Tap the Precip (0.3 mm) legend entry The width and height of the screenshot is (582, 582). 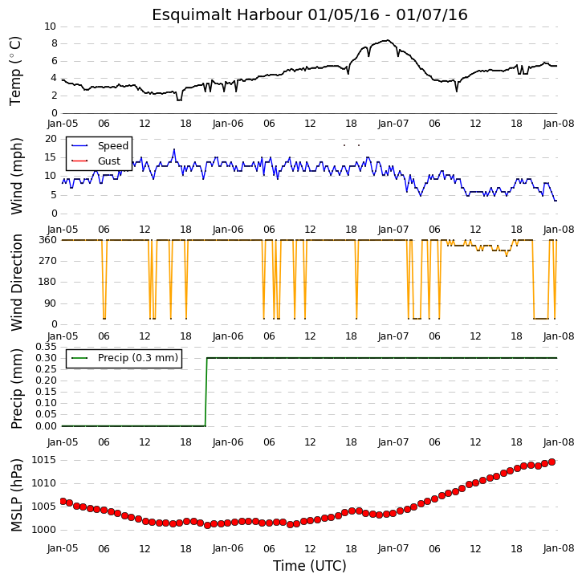tap(124, 358)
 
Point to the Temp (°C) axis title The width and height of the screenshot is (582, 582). tap(15, 71)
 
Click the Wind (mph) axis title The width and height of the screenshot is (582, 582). tap(16, 176)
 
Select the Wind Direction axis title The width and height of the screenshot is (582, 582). tap(16, 282)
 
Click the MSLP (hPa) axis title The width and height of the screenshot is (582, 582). tap(16, 495)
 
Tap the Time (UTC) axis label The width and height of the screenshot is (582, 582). tap(310, 566)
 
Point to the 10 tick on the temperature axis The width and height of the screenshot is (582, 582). tap(50, 26)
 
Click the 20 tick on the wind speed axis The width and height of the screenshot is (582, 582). tap(51, 139)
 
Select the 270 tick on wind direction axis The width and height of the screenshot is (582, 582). tap(48, 261)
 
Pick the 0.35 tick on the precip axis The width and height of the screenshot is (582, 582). tap(46, 347)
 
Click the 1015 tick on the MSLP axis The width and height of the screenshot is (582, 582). tap(43, 460)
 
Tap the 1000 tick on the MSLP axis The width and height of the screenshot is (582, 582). tap(43, 530)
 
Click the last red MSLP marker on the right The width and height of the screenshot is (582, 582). tap(552, 462)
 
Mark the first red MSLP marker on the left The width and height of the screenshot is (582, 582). tap(63, 502)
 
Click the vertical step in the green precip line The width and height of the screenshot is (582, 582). tap(206, 392)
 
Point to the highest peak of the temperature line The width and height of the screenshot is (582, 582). tap(388, 40)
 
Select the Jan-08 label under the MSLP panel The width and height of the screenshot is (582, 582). tap(559, 548)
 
